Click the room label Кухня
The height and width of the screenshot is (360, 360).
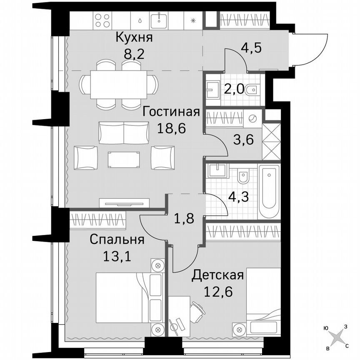coord(134,37)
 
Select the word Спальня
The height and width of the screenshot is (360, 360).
coord(117,240)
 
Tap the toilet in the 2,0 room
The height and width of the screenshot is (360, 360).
coord(251,90)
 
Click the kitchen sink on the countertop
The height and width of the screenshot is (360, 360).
coord(160,19)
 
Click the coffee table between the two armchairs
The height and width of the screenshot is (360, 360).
coord(124,159)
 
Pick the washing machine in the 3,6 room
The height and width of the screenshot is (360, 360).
coord(253,118)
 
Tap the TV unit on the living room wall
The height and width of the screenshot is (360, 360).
coord(124,203)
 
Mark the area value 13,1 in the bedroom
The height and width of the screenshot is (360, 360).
coord(117,255)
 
